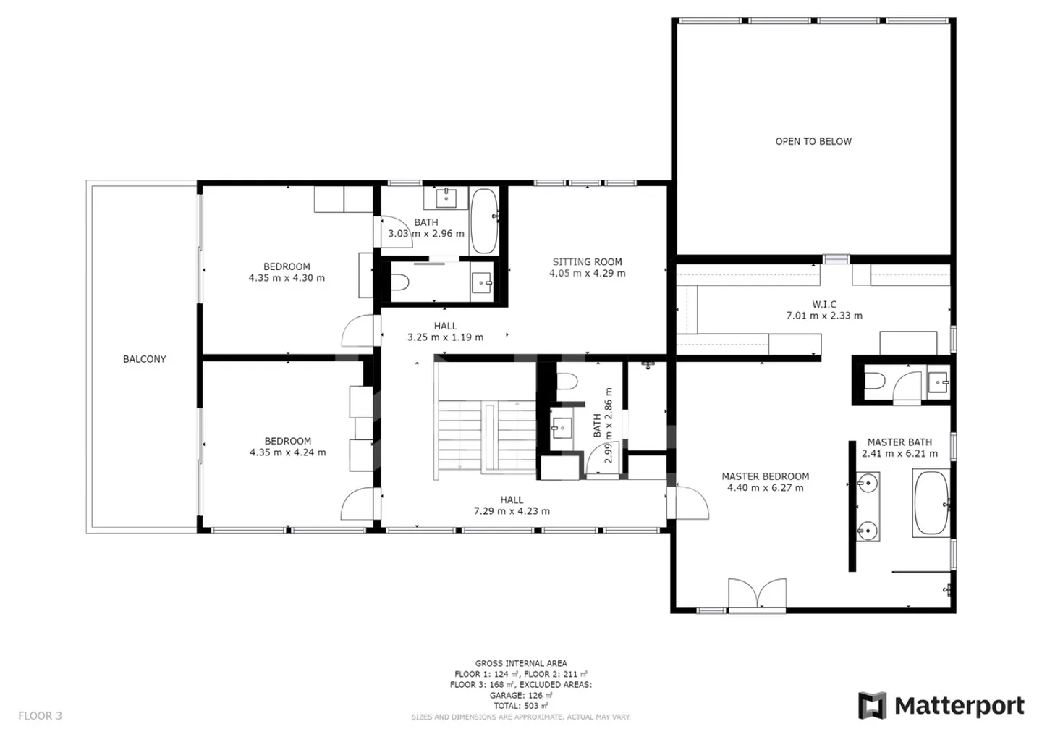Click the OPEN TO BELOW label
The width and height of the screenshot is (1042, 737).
813,141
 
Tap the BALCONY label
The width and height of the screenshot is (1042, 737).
144,359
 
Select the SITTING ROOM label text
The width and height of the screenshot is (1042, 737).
587,262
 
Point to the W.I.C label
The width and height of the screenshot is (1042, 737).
823,305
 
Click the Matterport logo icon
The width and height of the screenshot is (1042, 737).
872,706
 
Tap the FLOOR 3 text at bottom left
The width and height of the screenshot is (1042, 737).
40,716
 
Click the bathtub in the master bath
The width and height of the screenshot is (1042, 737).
931,503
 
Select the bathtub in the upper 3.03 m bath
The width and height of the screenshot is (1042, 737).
484,222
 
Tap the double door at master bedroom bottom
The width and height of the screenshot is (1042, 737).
757,594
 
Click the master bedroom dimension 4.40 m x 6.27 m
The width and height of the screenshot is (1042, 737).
765,488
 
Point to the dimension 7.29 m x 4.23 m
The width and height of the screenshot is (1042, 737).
512,511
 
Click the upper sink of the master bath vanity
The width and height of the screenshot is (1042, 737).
867,482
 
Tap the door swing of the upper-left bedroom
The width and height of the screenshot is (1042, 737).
358,332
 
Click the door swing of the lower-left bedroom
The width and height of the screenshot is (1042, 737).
358,504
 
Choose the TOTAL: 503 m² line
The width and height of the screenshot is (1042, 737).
520,706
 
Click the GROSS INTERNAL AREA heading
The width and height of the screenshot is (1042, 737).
521,663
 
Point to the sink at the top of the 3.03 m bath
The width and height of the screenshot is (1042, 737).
446,195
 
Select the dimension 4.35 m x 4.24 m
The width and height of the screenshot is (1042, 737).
287,452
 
